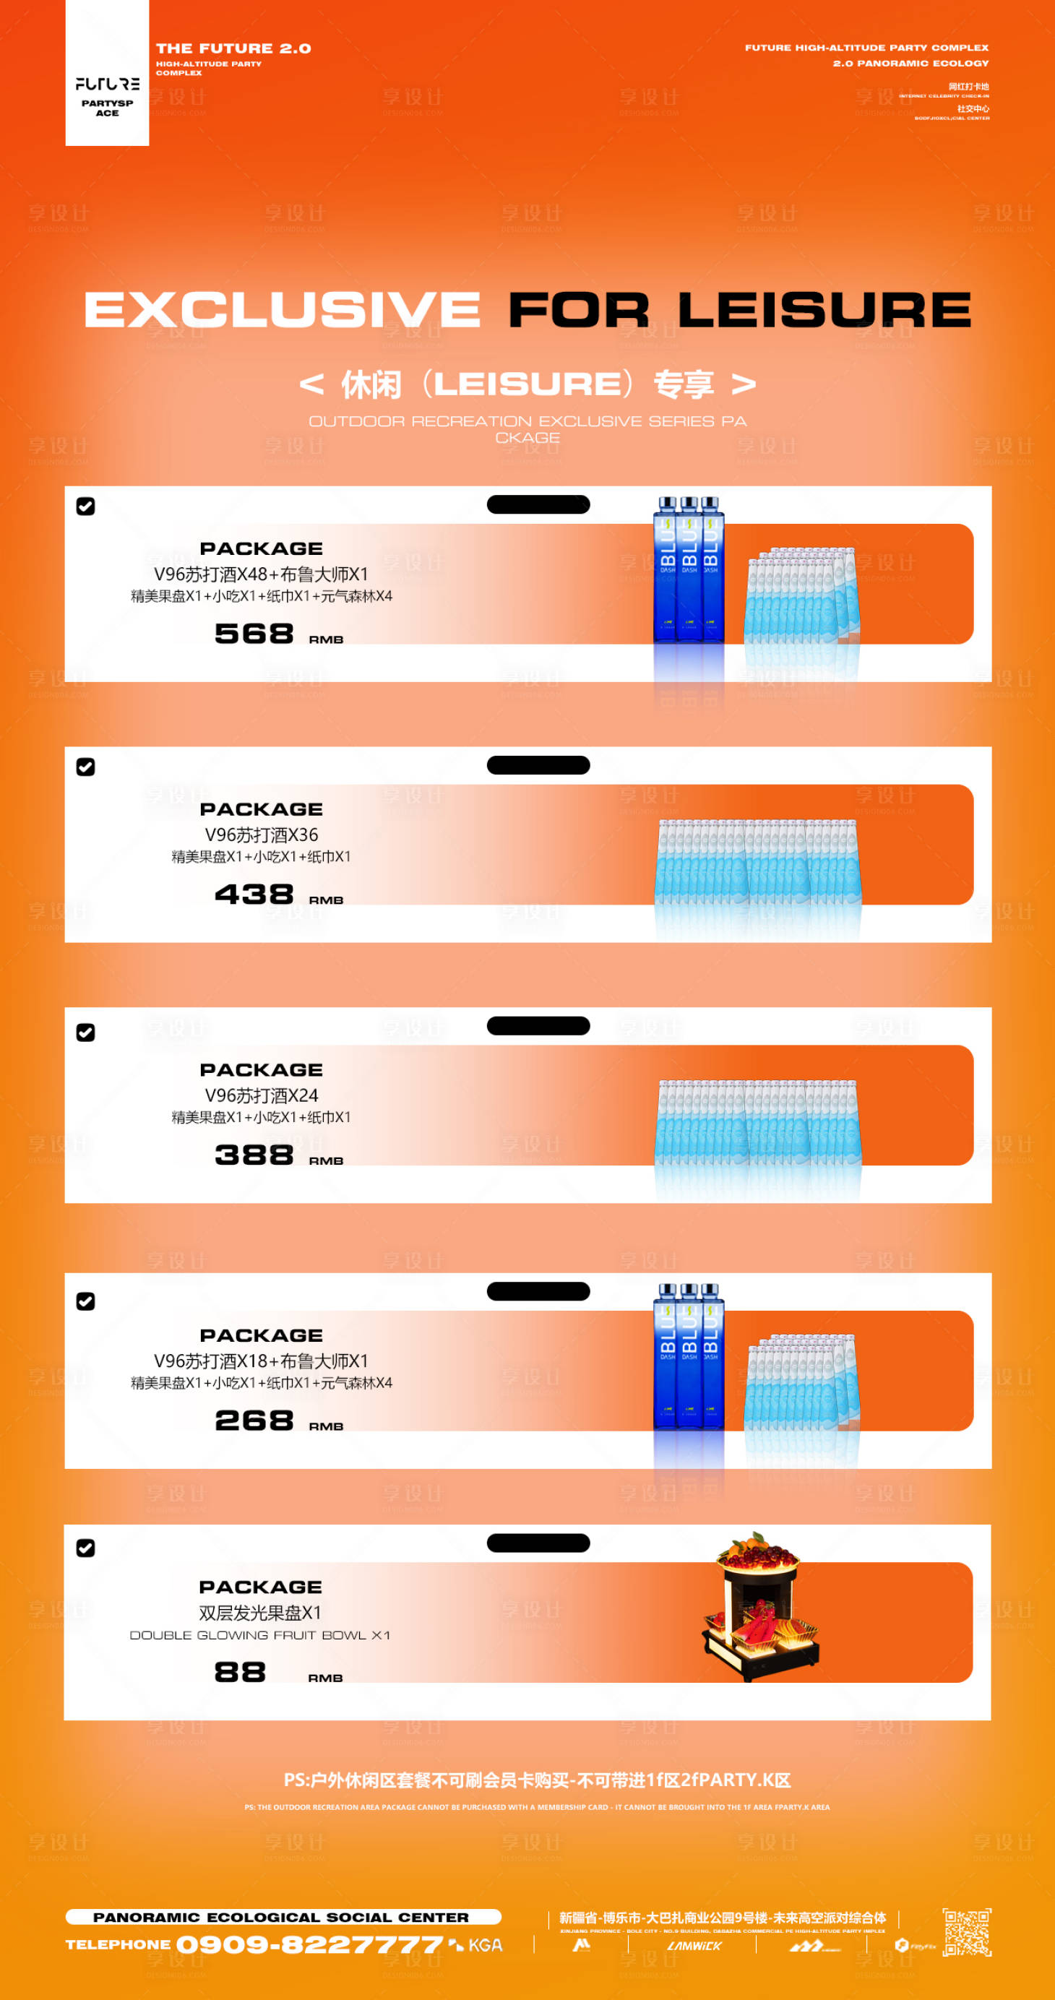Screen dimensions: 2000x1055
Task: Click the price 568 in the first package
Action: point(254,634)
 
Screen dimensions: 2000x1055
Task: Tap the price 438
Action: point(254,895)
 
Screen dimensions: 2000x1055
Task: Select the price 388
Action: point(254,1155)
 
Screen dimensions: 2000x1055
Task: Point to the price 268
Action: point(254,1421)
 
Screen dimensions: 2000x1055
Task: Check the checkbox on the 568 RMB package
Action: point(85,507)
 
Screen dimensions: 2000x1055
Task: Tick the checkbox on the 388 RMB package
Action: point(85,1033)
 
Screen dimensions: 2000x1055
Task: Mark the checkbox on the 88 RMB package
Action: point(85,1548)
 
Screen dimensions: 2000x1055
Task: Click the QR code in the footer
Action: point(967,1933)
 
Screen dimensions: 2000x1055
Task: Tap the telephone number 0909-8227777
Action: point(309,1945)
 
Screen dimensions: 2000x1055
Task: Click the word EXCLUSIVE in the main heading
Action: point(283,309)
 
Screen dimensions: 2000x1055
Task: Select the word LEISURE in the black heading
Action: point(824,309)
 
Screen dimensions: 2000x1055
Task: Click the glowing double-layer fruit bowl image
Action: point(760,1607)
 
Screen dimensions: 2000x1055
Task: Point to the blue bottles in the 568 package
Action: point(689,571)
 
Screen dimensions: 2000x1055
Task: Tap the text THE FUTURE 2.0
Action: point(233,48)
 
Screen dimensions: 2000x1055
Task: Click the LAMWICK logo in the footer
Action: point(694,1946)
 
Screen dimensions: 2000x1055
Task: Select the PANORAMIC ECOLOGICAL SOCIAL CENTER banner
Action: point(283,1917)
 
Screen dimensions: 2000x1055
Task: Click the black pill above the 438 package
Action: point(538,764)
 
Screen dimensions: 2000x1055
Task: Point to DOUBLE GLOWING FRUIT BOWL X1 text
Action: point(260,1635)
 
